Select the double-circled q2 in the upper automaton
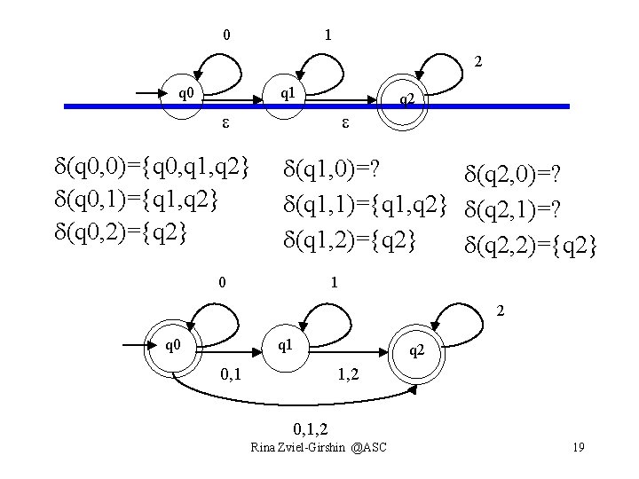(x=406, y=100)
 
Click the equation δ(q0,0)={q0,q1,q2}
(x=153, y=166)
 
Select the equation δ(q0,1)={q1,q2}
(x=136, y=200)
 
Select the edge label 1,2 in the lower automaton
(x=348, y=375)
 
